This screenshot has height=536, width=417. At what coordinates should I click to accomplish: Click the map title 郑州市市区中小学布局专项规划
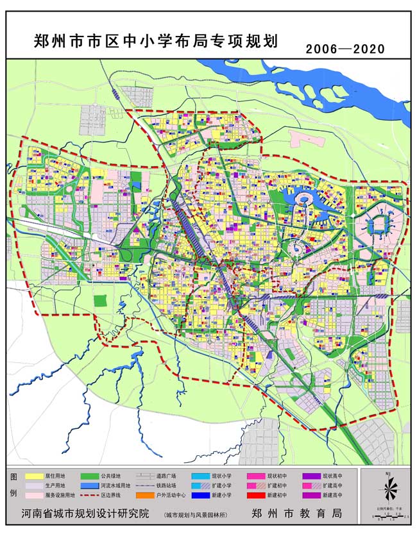pyautogui.click(x=155, y=42)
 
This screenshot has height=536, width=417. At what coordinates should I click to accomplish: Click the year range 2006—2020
pyautogui.click(x=345, y=49)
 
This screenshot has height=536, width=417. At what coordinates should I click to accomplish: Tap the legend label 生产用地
pyautogui.click(x=58, y=486)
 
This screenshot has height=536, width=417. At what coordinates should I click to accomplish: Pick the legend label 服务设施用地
pyautogui.click(x=62, y=496)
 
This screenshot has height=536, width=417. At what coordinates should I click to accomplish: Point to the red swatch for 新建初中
pyautogui.click(x=255, y=496)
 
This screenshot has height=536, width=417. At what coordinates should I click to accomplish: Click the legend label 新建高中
pyautogui.click(x=334, y=496)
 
